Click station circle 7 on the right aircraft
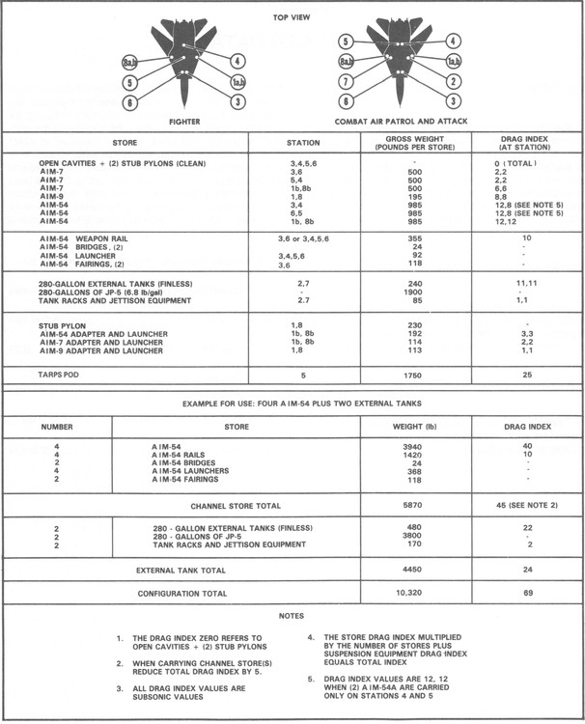click(x=343, y=84)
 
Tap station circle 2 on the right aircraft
click(x=451, y=83)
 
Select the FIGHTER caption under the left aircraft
click(x=183, y=124)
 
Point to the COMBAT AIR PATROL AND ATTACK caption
click(x=397, y=124)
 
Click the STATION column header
click(x=304, y=143)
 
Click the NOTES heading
click(x=292, y=615)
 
